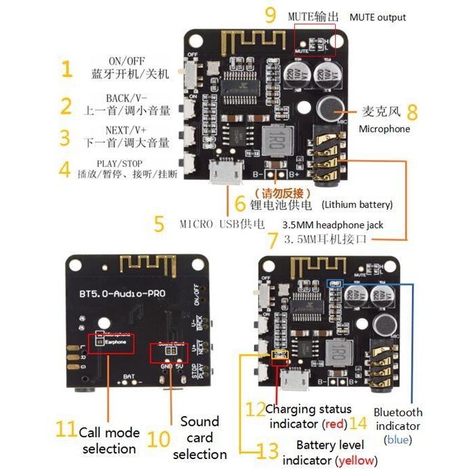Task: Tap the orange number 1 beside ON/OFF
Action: click(66, 68)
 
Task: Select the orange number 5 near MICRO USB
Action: click(159, 224)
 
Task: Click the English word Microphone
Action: click(385, 128)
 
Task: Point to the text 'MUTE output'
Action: click(377, 17)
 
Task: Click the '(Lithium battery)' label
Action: click(358, 204)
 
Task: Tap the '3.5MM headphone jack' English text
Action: click(333, 225)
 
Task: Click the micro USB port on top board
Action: click(224, 170)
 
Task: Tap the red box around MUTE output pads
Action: click(315, 39)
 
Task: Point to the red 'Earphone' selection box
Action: click(110, 343)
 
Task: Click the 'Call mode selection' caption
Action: click(109, 440)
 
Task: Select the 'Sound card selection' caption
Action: click(200, 437)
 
